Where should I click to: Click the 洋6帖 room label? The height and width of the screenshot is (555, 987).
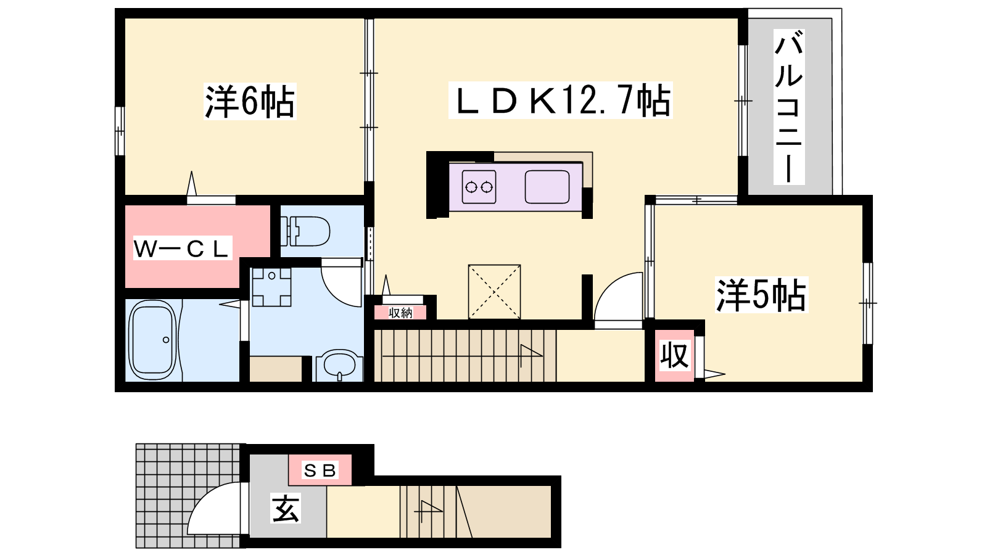coord(250,101)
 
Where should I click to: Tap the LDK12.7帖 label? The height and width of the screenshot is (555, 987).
coord(561,101)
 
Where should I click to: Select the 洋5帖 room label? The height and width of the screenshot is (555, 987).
coord(761,295)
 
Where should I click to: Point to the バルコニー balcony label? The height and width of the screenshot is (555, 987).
coord(789,107)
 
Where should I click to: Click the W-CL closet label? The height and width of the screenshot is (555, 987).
coord(183,249)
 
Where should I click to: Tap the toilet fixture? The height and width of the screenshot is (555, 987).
coord(305,231)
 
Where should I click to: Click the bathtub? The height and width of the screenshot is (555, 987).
coord(152,340)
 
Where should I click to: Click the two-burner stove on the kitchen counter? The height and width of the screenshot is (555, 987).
coord(479,187)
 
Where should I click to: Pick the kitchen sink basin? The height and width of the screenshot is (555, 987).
coord(547,187)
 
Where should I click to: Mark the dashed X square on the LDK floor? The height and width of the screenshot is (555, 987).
coord(494,292)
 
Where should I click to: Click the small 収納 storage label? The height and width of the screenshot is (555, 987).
coord(400,313)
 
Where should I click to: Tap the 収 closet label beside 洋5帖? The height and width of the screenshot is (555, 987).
coord(674,355)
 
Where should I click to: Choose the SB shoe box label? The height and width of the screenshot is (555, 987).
coord(320,471)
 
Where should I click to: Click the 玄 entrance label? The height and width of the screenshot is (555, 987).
coord(286,509)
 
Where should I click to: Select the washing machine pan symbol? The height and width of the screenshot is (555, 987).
coord(271,287)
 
